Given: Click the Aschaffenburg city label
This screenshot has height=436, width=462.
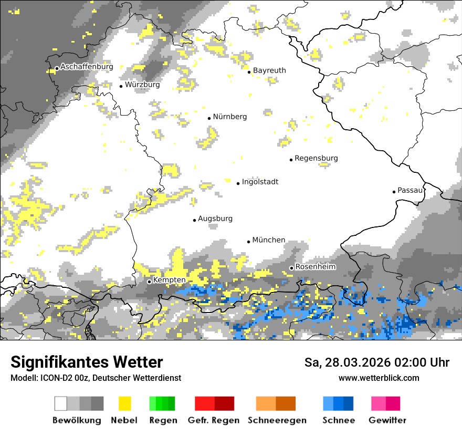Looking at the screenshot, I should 87,67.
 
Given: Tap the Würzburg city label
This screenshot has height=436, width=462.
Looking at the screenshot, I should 142,85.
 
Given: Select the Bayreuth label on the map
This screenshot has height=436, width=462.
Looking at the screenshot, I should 269,70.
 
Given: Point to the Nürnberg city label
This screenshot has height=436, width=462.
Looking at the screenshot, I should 229,117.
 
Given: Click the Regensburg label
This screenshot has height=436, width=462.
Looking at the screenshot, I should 316,158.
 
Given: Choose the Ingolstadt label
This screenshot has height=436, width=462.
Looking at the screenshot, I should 260,182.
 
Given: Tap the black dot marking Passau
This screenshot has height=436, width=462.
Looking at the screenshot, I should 394,192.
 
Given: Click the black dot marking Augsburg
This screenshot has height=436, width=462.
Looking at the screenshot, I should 194,220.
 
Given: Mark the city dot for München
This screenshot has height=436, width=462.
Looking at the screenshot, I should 249,242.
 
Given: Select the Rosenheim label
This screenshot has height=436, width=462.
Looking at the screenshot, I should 315,267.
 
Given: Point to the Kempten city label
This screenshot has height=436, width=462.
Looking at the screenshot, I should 169,281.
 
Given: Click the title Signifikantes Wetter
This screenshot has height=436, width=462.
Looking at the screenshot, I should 87,362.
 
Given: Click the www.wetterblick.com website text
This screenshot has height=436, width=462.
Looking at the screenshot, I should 379,378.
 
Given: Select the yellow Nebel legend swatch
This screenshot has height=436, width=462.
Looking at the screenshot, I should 124,403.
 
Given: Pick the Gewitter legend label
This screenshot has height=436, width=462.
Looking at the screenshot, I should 387,420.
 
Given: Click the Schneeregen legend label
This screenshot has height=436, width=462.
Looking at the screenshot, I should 277,420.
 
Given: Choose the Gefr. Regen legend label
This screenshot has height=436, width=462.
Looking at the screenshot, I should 214,420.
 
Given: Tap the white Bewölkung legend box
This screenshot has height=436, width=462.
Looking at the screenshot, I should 61,403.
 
